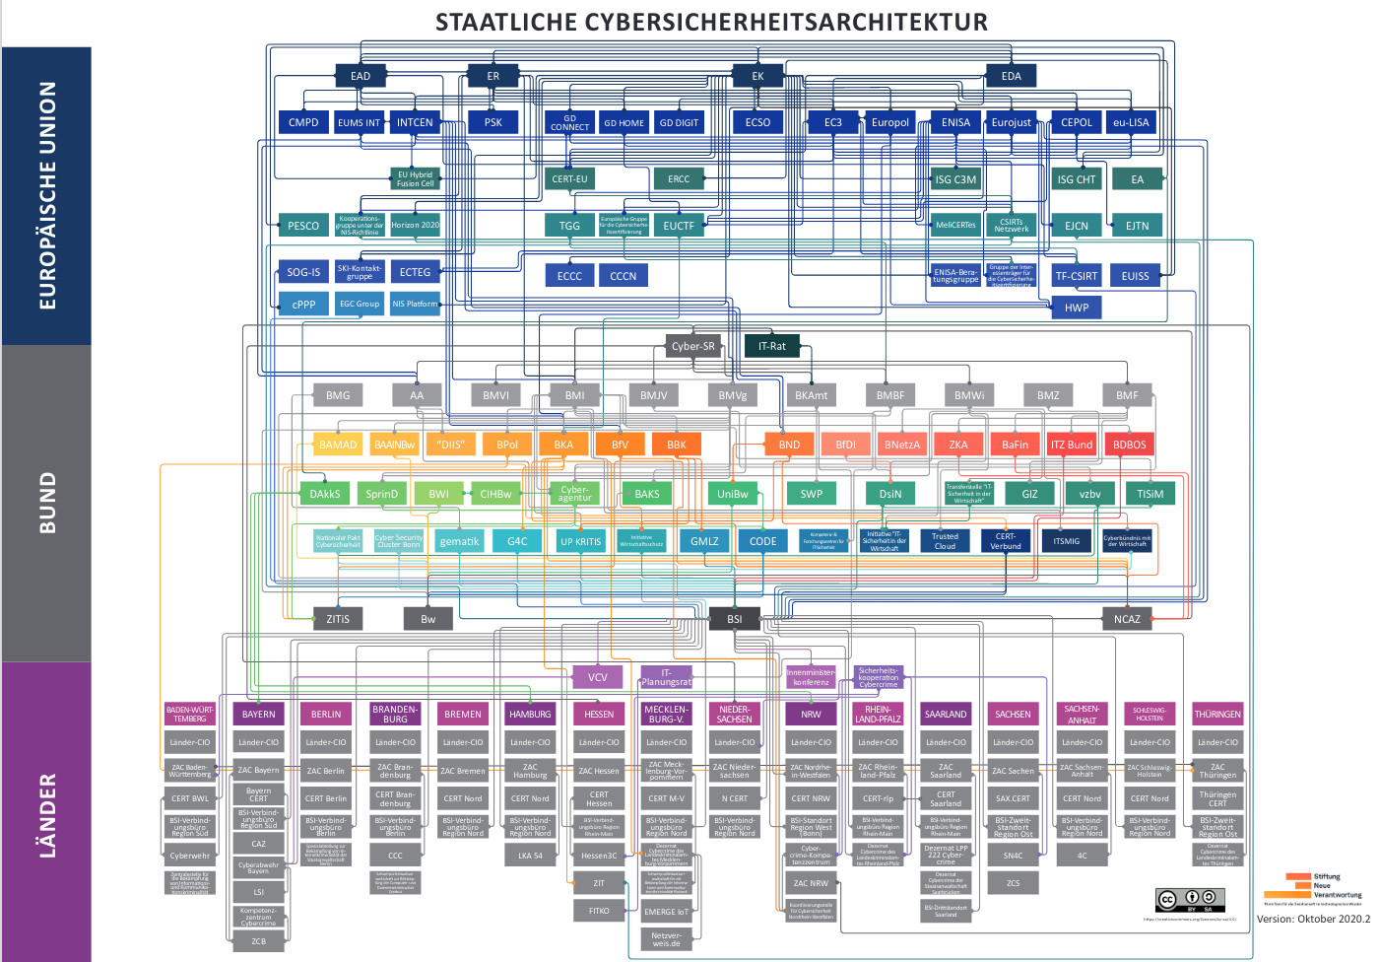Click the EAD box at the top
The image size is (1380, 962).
[361, 76]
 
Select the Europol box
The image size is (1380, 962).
[889, 122]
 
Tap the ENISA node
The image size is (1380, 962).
[955, 122]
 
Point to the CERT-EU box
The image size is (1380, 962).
[569, 178]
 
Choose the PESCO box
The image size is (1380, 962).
[303, 226]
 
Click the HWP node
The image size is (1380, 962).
[1077, 308]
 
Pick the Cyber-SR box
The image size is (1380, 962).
[692, 346]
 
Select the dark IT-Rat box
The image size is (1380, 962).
[772, 346]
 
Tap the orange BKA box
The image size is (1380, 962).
[563, 445]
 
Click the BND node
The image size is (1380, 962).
[789, 445]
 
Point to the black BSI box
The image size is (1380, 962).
[735, 619]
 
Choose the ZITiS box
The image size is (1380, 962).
[338, 619]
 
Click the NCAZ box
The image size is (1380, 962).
[1127, 619]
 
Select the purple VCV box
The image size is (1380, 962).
[598, 677]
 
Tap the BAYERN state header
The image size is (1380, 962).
[259, 714]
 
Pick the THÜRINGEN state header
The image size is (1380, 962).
[1217, 714]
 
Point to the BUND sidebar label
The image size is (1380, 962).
[47, 503]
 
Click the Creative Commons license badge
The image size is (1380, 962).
[1190, 900]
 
